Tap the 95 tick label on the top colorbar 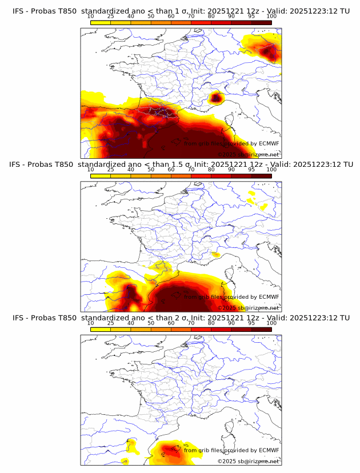pos(251,17)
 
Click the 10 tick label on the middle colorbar pos(90,170)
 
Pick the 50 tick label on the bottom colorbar pos(151,323)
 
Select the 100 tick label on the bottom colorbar pos(271,323)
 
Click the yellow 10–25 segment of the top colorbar pos(101,22)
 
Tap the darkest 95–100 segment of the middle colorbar pos(261,175)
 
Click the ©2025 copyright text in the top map pos(226,154)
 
